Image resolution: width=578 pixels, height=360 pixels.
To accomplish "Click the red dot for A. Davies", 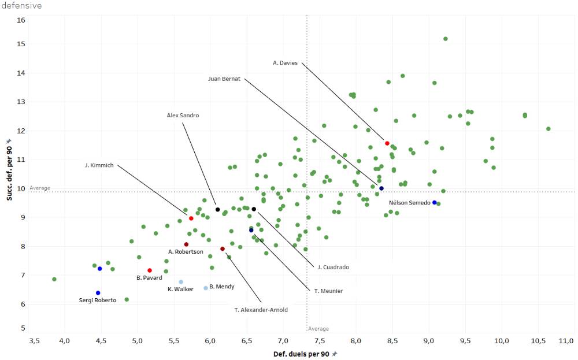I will point(387,143).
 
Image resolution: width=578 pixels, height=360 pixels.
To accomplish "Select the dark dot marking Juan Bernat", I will point(381,188).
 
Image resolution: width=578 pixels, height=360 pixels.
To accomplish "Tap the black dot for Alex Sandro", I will point(217,210).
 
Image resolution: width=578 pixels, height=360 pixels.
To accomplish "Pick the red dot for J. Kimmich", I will point(191,218).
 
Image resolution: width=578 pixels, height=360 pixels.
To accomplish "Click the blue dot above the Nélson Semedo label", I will point(435,202).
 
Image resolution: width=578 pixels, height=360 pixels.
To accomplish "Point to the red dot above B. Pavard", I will point(150,270).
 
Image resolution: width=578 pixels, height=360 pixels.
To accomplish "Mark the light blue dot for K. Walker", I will point(181,282).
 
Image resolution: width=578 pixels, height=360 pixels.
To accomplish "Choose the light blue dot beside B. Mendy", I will point(206,288).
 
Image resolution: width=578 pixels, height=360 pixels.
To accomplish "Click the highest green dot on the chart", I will point(446,39).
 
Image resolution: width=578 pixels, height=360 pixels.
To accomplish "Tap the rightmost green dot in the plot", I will point(548,128).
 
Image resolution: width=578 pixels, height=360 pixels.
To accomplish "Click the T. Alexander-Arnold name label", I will point(261,310).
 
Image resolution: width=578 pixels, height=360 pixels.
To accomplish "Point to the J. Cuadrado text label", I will point(333,267).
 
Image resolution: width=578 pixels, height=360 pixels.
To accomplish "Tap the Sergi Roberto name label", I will point(98,300).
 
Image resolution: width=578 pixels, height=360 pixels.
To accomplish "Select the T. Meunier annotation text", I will point(328,291).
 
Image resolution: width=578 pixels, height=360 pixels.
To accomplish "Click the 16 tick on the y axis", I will point(21,20).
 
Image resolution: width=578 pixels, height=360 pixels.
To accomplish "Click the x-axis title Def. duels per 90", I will point(301,354).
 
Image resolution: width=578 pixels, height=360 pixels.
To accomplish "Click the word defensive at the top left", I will point(22,6).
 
